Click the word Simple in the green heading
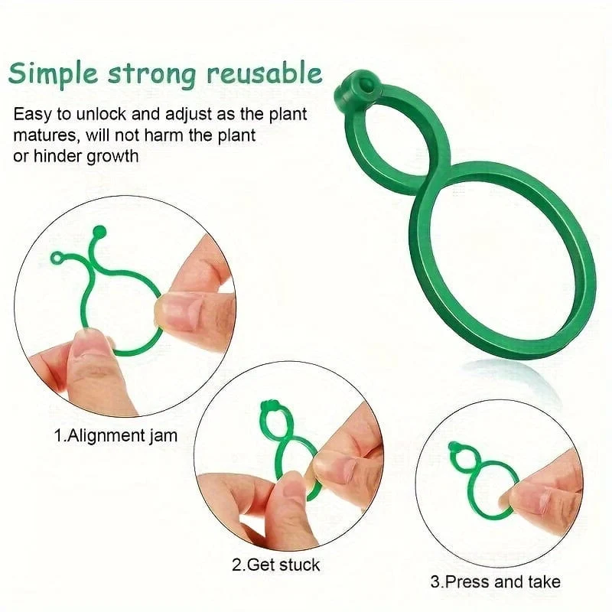tap(53, 73)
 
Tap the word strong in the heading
tap(151, 74)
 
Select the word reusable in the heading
tap(265, 72)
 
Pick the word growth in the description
tap(112, 157)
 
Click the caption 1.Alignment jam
tap(116, 435)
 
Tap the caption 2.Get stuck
tap(276, 565)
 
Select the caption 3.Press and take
tap(495, 582)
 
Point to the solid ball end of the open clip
tap(99, 231)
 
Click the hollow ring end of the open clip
tap(57, 258)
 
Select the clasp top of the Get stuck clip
tap(269, 406)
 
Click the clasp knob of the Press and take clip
tap(454, 447)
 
